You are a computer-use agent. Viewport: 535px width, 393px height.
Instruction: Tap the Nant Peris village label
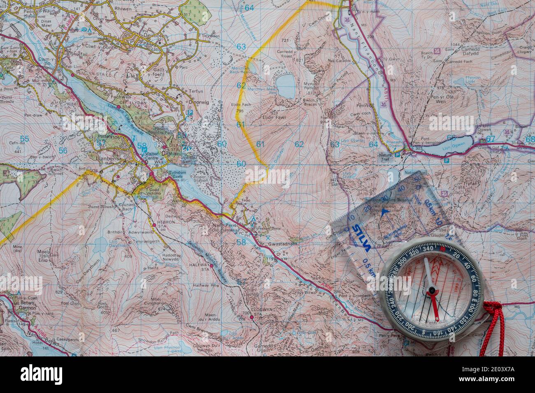tap(223, 225)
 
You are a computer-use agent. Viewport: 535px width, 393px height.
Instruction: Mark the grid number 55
tap(25, 139)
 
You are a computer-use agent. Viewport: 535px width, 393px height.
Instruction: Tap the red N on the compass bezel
tap(442, 249)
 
